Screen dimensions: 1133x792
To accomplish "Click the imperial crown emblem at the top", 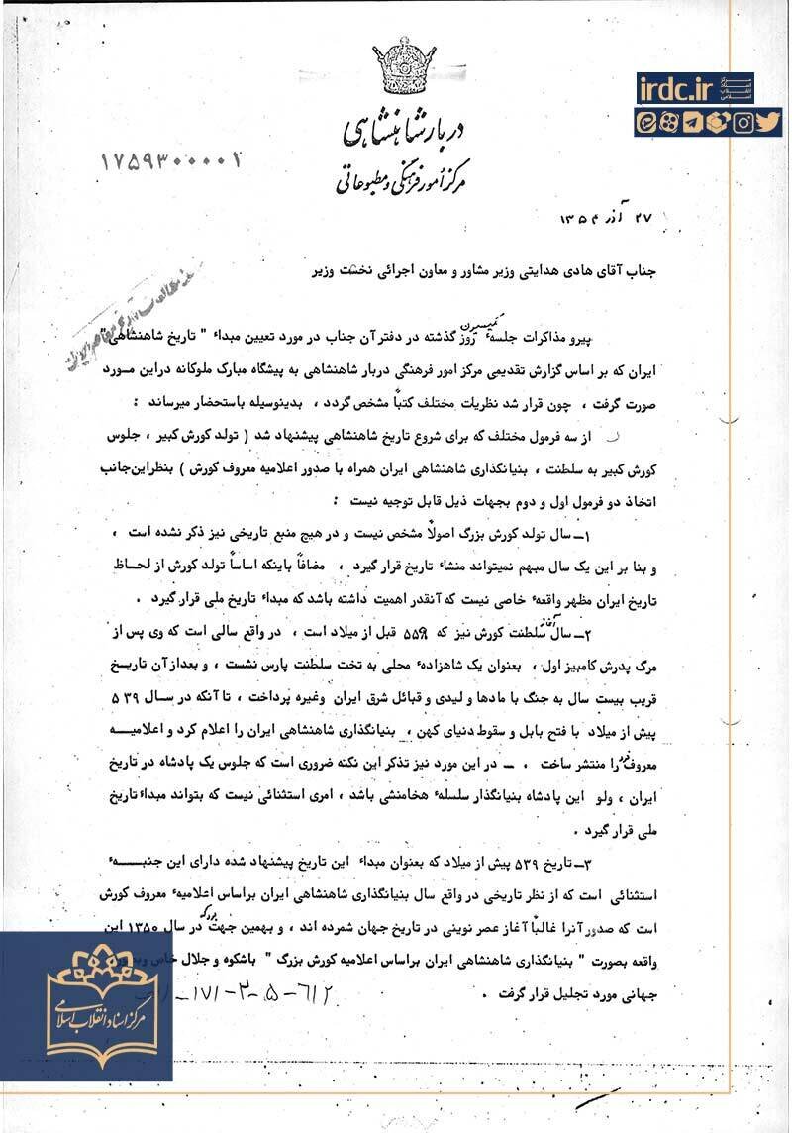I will click(x=404, y=66).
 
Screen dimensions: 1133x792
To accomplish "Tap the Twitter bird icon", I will click(x=769, y=123).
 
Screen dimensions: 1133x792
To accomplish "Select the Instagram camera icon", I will click(x=743, y=123).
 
